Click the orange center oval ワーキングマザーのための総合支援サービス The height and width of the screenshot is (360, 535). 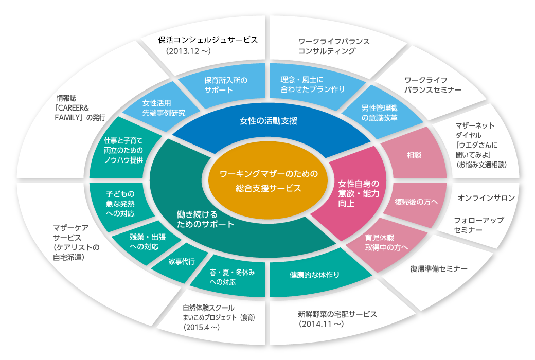(x=267, y=181)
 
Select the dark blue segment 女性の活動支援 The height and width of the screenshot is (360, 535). (x=269, y=121)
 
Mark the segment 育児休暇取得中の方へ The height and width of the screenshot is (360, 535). (x=387, y=243)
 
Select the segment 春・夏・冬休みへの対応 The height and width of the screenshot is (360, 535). (x=232, y=277)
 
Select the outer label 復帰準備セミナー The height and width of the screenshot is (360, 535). (x=438, y=269)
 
